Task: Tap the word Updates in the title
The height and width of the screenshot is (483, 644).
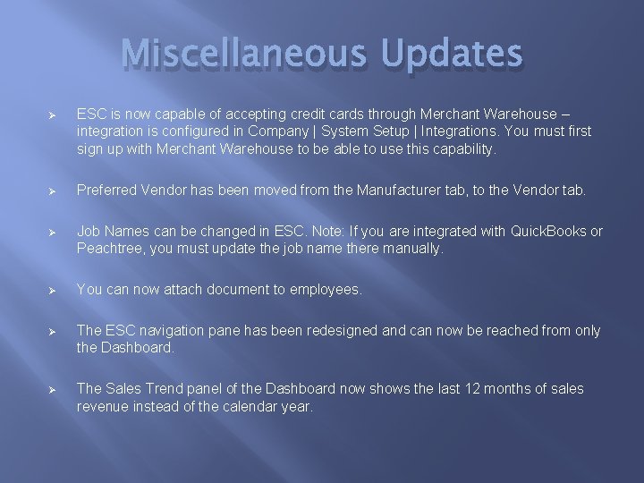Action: [451, 54]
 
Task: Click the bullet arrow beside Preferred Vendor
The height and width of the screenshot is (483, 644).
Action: [52, 191]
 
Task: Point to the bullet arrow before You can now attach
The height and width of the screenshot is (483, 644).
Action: [52, 291]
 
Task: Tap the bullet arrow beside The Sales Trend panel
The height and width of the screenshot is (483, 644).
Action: [52, 390]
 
